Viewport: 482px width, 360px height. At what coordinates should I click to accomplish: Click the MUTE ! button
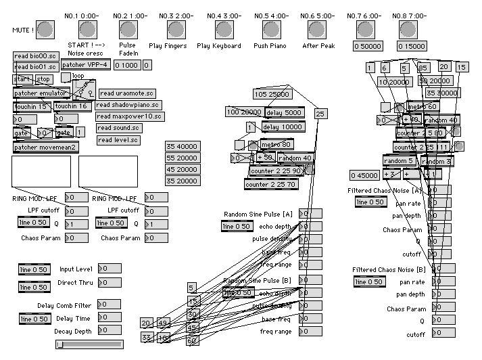pyautogui.click(x=45, y=28)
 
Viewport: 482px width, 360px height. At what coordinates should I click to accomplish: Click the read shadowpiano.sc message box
pyautogui.click(x=128, y=105)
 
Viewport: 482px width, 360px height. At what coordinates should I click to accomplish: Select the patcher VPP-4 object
pyautogui.click(x=85, y=65)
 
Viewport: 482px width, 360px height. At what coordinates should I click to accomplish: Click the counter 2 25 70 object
pyautogui.click(x=272, y=183)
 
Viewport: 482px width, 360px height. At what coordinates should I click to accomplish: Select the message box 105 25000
pyautogui.click(x=272, y=94)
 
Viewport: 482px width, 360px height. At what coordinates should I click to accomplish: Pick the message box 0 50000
pyautogui.click(x=368, y=46)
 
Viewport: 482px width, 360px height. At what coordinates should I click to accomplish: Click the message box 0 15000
pyautogui.click(x=412, y=46)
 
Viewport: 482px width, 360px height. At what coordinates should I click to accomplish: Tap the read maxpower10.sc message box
pyautogui.click(x=129, y=116)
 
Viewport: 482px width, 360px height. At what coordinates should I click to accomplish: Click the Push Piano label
pyautogui.click(x=270, y=46)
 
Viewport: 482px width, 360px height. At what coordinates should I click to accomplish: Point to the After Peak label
pyautogui.click(x=318, y=46)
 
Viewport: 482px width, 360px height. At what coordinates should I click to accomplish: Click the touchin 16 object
pyautogui.click(x=72, y=106)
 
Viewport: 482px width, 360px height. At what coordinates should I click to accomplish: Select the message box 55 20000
pyautogui.click(x=181, y=157)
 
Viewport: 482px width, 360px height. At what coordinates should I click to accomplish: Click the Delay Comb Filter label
pyautogui.click(x=64, y=305)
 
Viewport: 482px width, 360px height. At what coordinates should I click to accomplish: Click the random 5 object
pyautogui.click(x=398, y=161)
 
